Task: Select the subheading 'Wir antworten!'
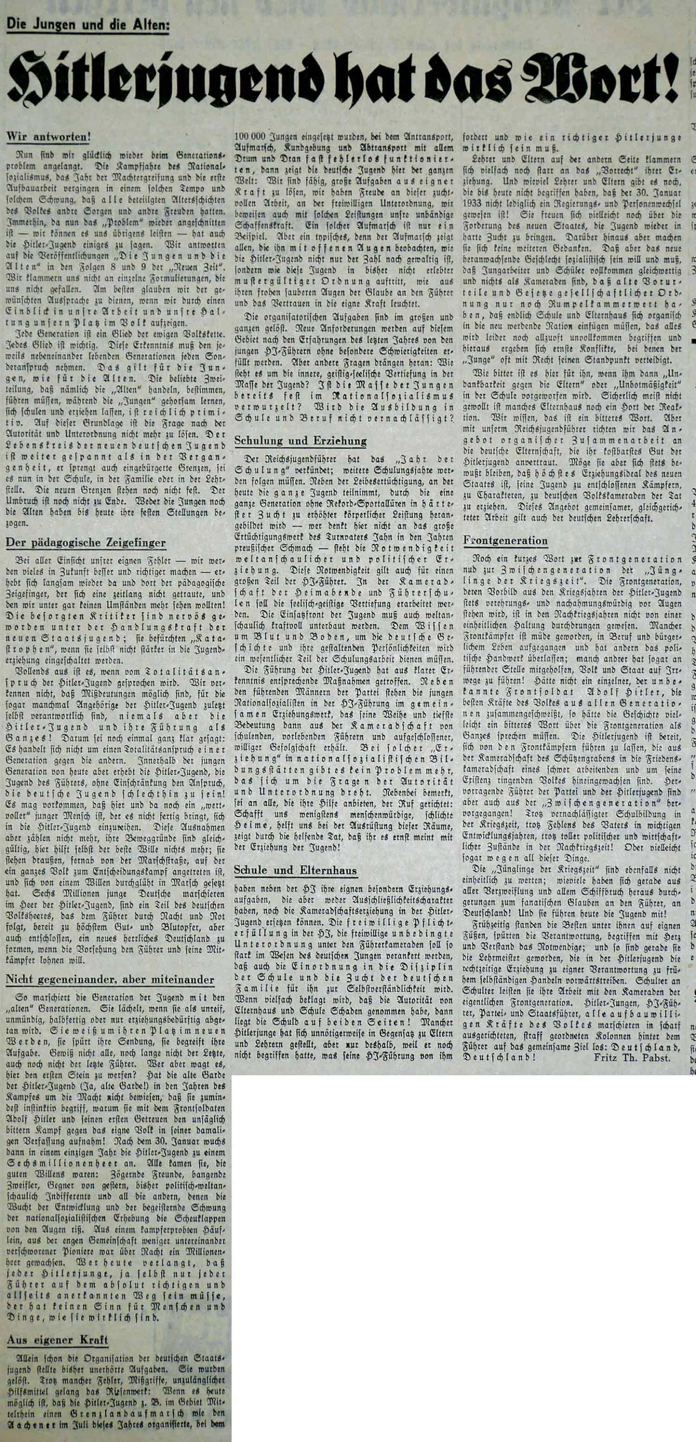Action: click(x=48, y=137)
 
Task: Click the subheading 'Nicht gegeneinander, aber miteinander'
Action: click(x=110, y=979)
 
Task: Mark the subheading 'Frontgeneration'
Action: click(x=505, y=540)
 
